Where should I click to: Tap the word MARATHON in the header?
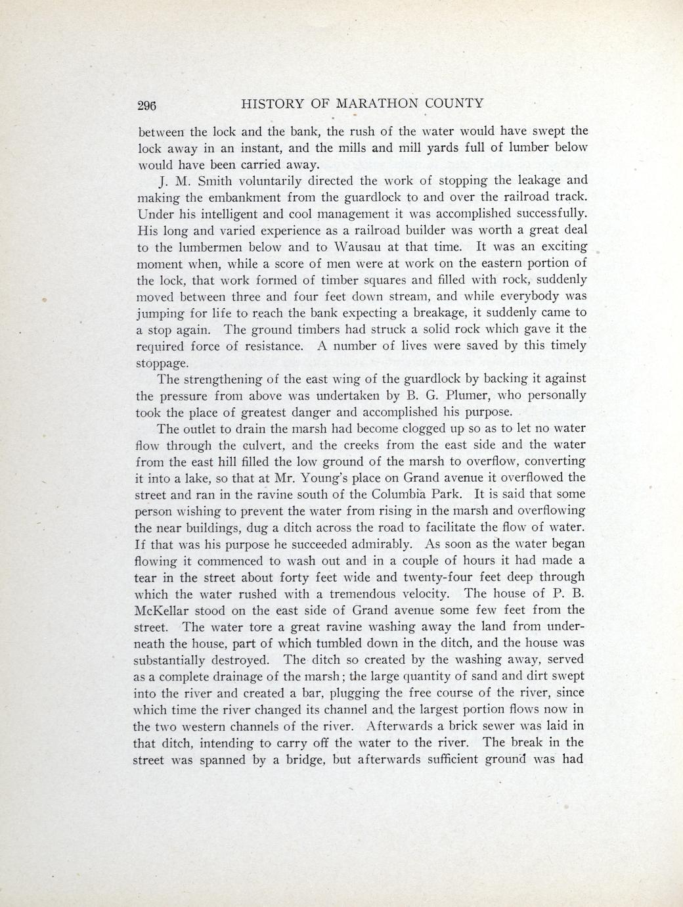(x=376, y=103)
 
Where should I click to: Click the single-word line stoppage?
(x=162, y=363)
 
